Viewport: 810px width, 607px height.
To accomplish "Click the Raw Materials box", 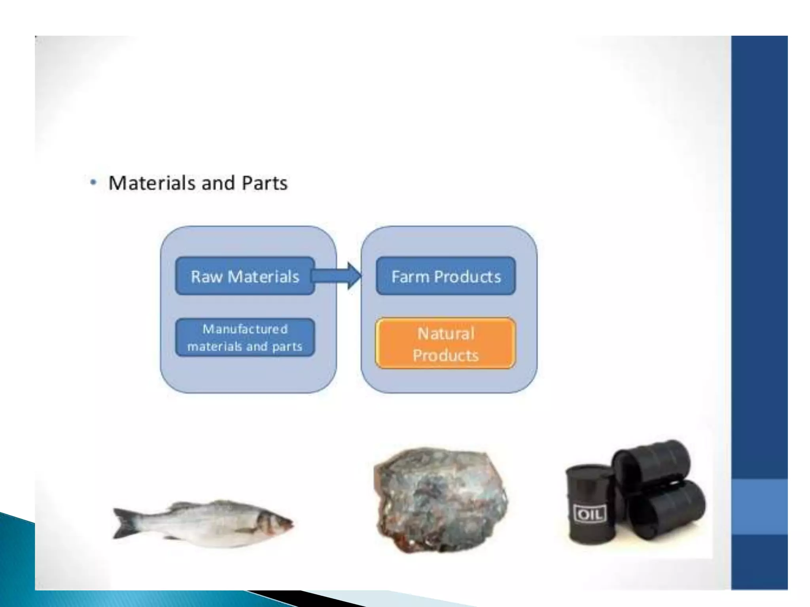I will [x=245, y=276].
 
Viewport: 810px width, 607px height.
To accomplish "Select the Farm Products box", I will [x=446, y=276].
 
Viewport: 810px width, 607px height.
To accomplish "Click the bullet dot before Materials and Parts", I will [x=93, y=183].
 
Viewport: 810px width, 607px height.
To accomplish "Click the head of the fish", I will [x=277, y=524].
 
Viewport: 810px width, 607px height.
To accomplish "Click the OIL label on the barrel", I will [x=589, y=514].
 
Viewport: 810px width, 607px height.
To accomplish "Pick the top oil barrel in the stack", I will [x=653, y=462].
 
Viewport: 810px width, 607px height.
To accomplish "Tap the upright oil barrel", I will [x=589, y=506].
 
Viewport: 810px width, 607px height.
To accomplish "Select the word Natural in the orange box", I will [x=446, y=334].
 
